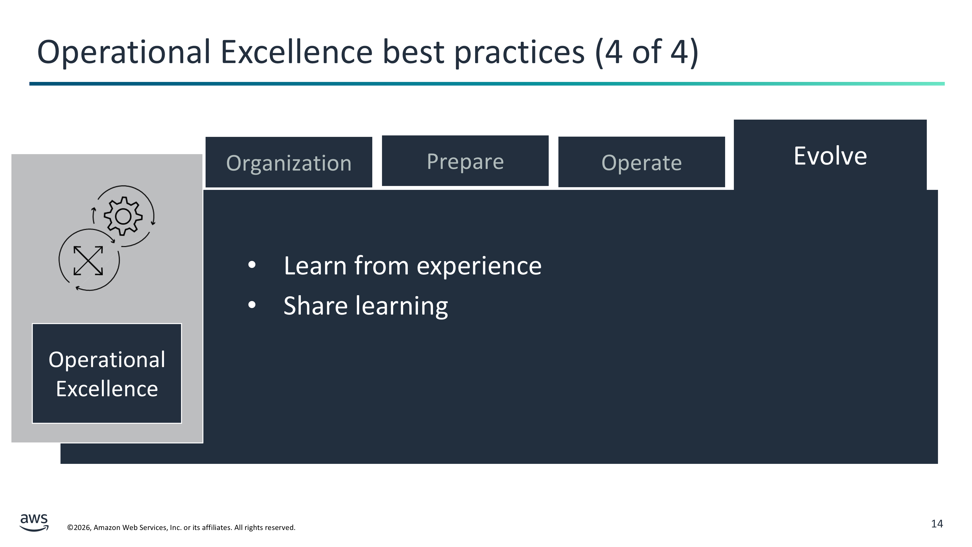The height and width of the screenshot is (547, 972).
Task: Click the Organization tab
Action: (x=289, y=162)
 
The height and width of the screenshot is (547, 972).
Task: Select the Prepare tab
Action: (x=465, y=161)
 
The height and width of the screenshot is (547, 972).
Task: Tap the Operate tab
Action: (x=642, y=162)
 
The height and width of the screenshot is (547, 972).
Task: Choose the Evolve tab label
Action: (x=830, y=156)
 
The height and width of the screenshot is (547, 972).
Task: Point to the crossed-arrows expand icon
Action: (x=88, y=260)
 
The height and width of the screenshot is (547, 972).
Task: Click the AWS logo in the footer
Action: (x=34, y=522)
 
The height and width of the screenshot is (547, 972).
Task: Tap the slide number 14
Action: (x=937, y=524)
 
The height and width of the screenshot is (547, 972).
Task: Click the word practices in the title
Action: (x=520, y=53)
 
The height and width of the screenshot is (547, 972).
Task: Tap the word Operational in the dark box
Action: (x=107, y=360)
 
